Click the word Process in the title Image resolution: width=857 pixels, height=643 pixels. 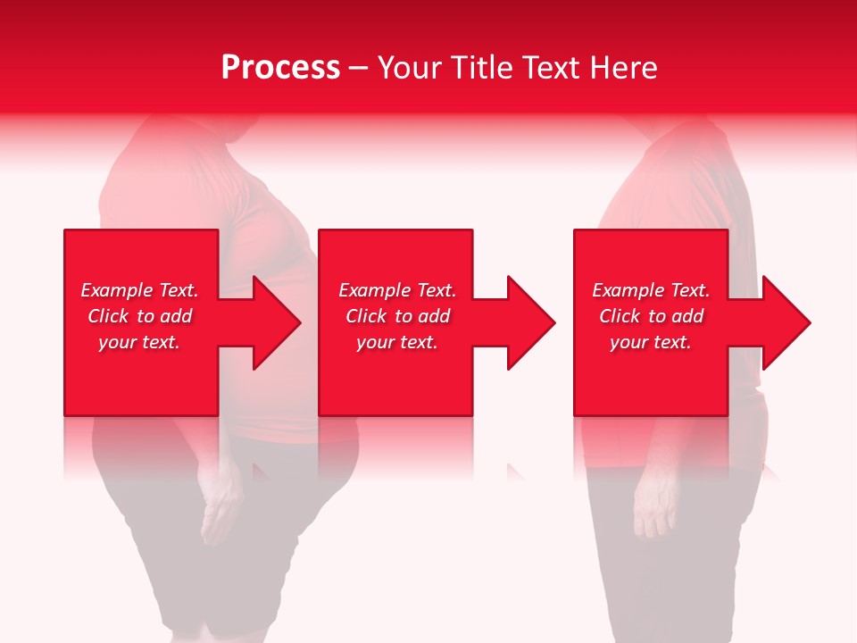tap(280, 68)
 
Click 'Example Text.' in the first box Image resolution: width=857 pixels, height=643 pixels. tap(139, 290)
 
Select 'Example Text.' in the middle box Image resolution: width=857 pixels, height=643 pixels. tap(397, 290)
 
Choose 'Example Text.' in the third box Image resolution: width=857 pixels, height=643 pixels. tap(651, 290)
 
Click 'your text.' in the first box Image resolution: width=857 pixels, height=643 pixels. tap(139, 342)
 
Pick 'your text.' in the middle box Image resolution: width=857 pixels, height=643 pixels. tap(397, 342)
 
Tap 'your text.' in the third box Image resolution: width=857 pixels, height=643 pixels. tap(651, 342)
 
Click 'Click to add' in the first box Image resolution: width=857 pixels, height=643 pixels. tap(139, 316)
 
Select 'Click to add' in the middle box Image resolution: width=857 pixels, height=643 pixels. tap(397, 316)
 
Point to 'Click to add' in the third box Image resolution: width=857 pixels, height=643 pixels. tap(651, 316)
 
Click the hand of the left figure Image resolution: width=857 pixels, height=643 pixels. tap(217, 514)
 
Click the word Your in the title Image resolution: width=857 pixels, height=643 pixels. tap(410, 68)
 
